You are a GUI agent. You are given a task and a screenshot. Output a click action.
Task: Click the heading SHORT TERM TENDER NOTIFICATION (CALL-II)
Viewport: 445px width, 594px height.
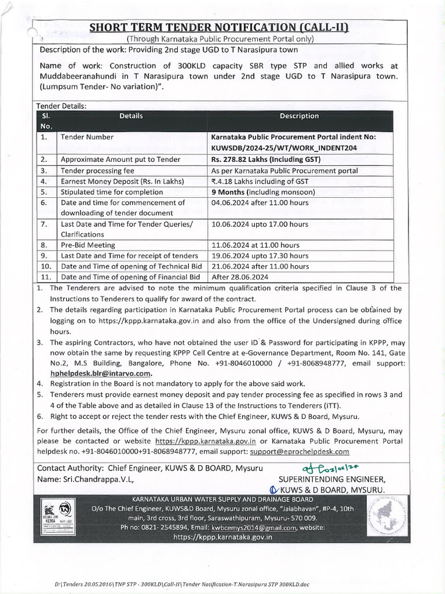pyautogui.click(x=222, y=27)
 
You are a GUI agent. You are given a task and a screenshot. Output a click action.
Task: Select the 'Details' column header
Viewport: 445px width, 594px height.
pyautogui.click(x=131, y=116)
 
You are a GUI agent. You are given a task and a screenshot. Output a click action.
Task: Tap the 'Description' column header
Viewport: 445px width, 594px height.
pyautogui.click(x=299, y=116)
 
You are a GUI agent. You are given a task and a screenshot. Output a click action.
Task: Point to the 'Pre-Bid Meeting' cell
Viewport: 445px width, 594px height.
pyautogui.click(x=88, y=245)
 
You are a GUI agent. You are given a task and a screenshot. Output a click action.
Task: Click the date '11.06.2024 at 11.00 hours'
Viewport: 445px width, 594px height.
pyautogui.click(x=256, y=245)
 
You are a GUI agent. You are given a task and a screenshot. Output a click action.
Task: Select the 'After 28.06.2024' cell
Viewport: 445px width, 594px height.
pyautogui.click(x=240, y=277)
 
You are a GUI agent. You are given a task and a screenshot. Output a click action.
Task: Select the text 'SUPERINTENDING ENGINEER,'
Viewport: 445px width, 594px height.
pyautogui.click(x=331, y=480)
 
